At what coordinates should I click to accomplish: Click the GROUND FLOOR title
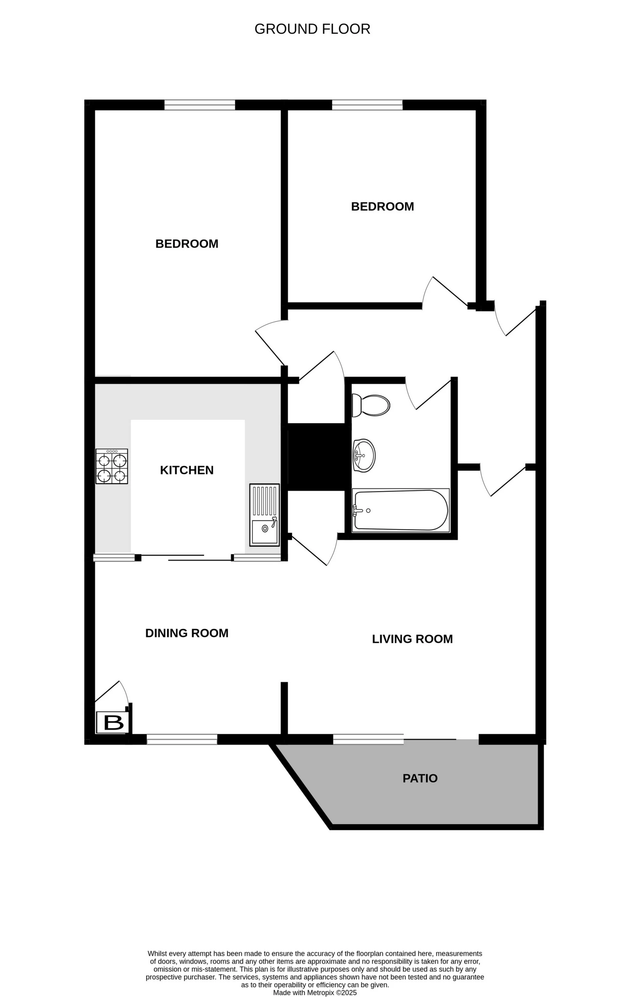(312, 29)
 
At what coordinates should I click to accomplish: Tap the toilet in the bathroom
(371, 405)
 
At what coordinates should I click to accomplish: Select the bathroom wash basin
(364, 455)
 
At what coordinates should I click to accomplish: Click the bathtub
(400, 510)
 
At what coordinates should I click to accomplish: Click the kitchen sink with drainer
(264, 515)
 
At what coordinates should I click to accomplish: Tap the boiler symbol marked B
(113, 722)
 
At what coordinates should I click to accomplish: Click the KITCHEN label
(187, 470)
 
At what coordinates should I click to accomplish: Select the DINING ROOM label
(187, 633)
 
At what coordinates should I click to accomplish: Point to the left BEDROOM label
(187, 244)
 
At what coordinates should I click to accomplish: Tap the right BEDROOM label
(382, 207)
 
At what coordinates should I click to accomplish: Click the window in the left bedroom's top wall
(199, 105)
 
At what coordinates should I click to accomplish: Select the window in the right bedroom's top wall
(367, 105)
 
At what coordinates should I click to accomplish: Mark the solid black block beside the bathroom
(316, 457)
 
